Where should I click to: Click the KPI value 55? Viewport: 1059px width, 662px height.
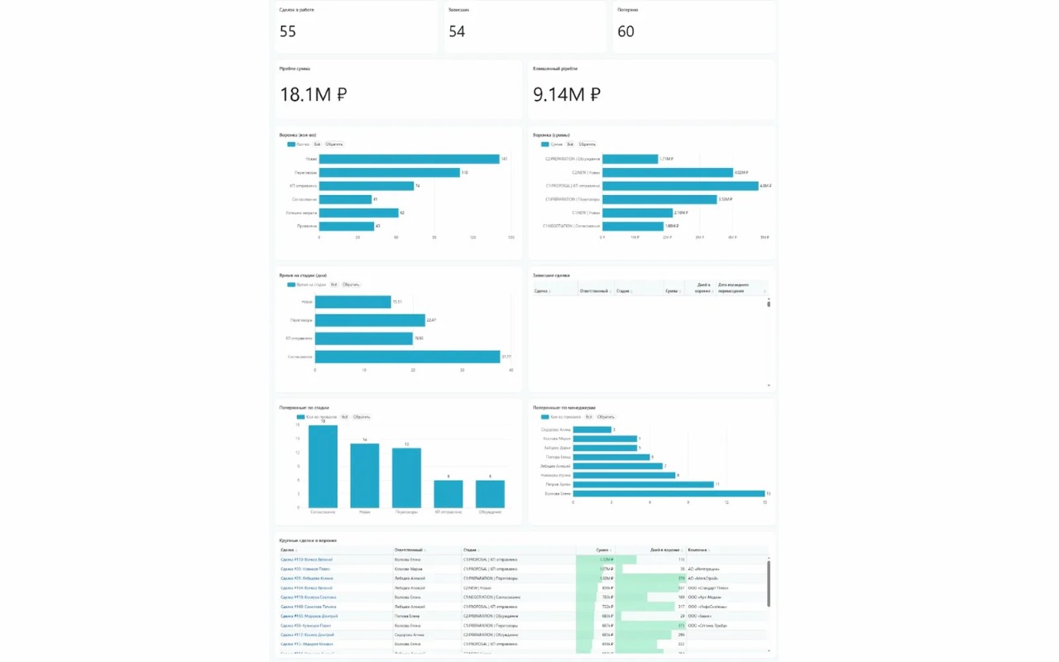tap(288, 31)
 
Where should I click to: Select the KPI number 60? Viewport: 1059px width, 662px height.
tap(625, 31)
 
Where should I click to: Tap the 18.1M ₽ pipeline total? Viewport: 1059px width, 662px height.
tap(313, 94)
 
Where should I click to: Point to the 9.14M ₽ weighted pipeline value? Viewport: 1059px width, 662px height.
tap(567, 94)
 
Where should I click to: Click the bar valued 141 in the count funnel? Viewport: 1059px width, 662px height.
tap(409, 159)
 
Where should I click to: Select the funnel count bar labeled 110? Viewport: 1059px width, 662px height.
tap(389, 172)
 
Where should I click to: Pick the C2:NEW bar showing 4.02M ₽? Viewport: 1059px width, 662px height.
tap(667, 172)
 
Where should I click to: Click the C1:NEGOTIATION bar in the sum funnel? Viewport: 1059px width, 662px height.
tap(633, 226)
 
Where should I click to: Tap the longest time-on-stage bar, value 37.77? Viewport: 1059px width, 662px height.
tap(407, 357)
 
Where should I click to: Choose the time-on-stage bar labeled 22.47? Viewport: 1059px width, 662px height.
tap(369, 319)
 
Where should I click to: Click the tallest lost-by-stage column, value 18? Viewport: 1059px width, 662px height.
tap(323, 466)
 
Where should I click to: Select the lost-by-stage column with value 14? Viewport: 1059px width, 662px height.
tap(364, 476)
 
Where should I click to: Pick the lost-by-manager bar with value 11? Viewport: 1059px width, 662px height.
tap(643, 484)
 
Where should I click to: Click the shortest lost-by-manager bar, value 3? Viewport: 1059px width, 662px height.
tap(592, 429)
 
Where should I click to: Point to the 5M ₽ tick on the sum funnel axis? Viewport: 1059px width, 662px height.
tap(765, 237)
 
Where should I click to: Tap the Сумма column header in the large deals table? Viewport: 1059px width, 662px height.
tap(601, 549)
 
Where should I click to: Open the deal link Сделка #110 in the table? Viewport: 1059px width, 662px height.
tap(306, 559)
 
